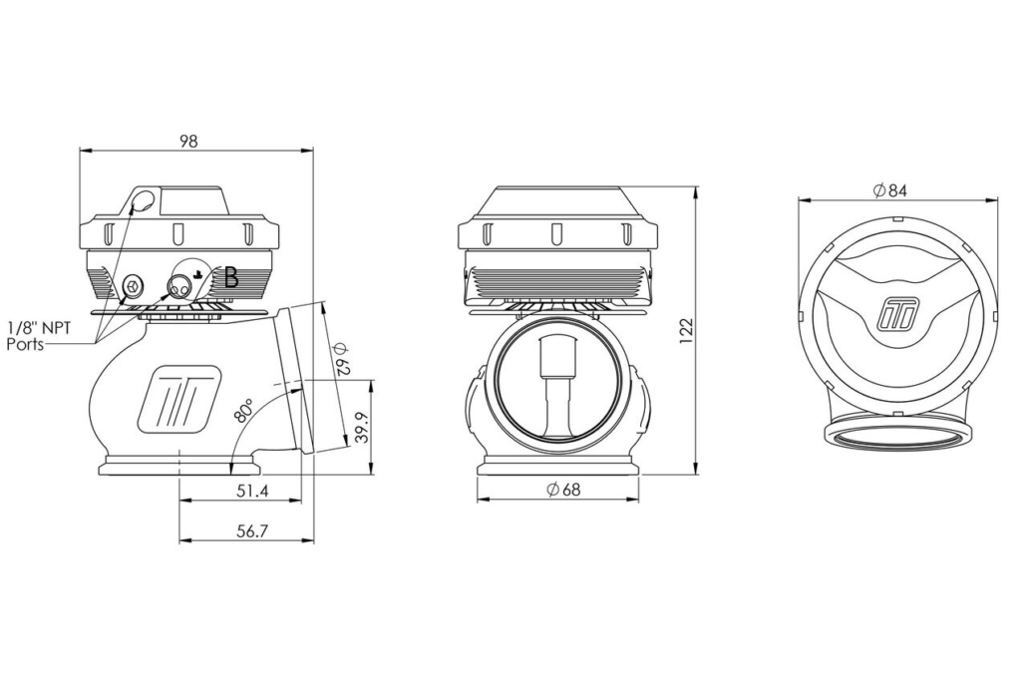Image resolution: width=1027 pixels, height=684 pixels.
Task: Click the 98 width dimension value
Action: (188, 141)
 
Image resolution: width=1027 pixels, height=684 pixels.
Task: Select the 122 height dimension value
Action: (686, 333)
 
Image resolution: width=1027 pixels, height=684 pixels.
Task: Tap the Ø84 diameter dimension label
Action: (890, 190)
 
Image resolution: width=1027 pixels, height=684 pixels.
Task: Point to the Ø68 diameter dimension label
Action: (563, 490)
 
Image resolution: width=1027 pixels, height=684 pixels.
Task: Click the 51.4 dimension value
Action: (253, 491)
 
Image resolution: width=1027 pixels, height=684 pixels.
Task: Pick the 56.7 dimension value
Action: (253, 531)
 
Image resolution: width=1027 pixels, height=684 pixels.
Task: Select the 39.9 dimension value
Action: (362, 427)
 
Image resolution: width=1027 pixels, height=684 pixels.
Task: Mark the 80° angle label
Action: (242, 409)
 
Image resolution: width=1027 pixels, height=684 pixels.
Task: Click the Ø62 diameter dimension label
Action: (342, 358)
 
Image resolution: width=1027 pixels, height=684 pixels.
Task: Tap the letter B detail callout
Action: (231, 278)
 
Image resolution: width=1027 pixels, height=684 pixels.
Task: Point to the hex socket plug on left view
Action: (134, 285)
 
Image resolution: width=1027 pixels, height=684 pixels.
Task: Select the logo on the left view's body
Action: (177, 399)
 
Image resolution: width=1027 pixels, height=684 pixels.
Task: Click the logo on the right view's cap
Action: (897, 314)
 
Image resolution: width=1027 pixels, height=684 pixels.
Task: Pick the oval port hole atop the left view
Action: (145, 199)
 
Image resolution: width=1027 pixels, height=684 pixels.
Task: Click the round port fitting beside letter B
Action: (179, 286)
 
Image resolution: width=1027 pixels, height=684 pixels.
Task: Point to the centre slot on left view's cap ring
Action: (176, 233)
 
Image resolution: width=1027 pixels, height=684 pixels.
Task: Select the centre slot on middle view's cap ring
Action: (556, 233)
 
